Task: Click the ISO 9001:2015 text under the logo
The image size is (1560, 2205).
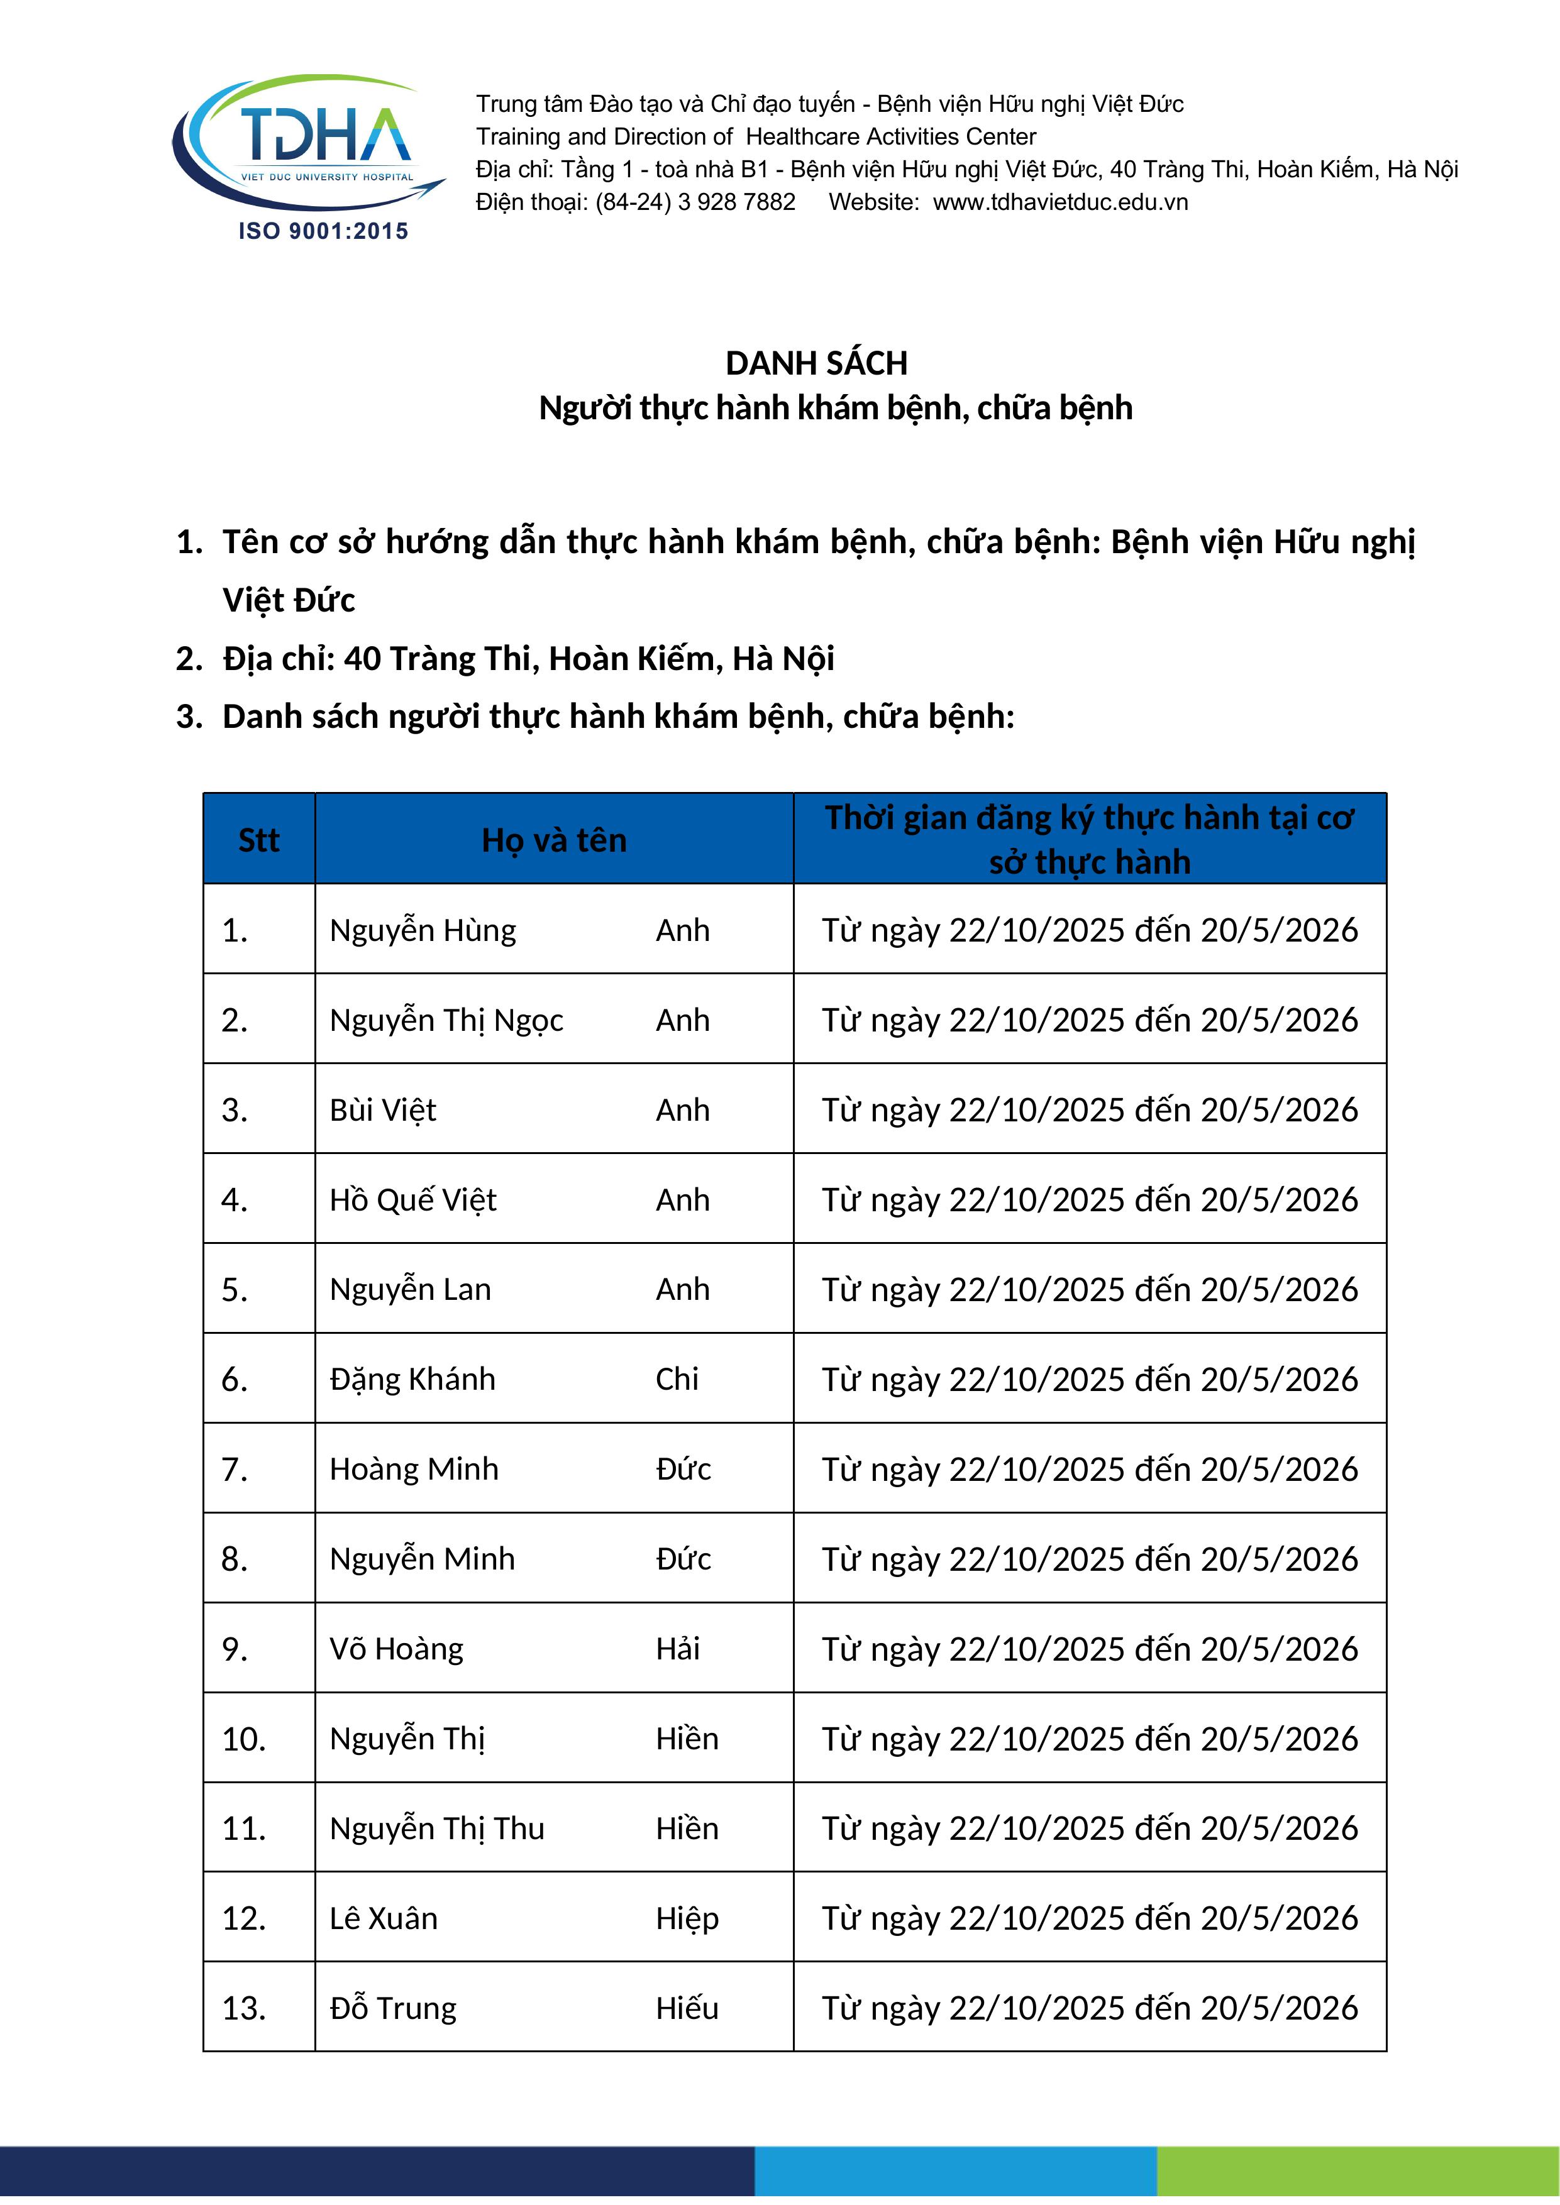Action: tap(324, 231)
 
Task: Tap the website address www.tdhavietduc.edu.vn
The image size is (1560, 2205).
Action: tap(1061, 202)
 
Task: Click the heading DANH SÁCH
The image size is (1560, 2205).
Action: tap(817, 363)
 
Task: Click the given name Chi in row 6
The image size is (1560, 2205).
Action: tap(677, 1379)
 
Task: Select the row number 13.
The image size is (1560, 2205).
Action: tap(244, 2008)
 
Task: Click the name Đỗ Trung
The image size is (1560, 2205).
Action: tap(393, 2008)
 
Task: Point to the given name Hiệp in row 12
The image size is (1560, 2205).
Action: tap(687, 1919)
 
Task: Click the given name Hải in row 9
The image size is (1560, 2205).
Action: tap(677, 1649)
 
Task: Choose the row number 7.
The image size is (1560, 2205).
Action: tap(235, 1470)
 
